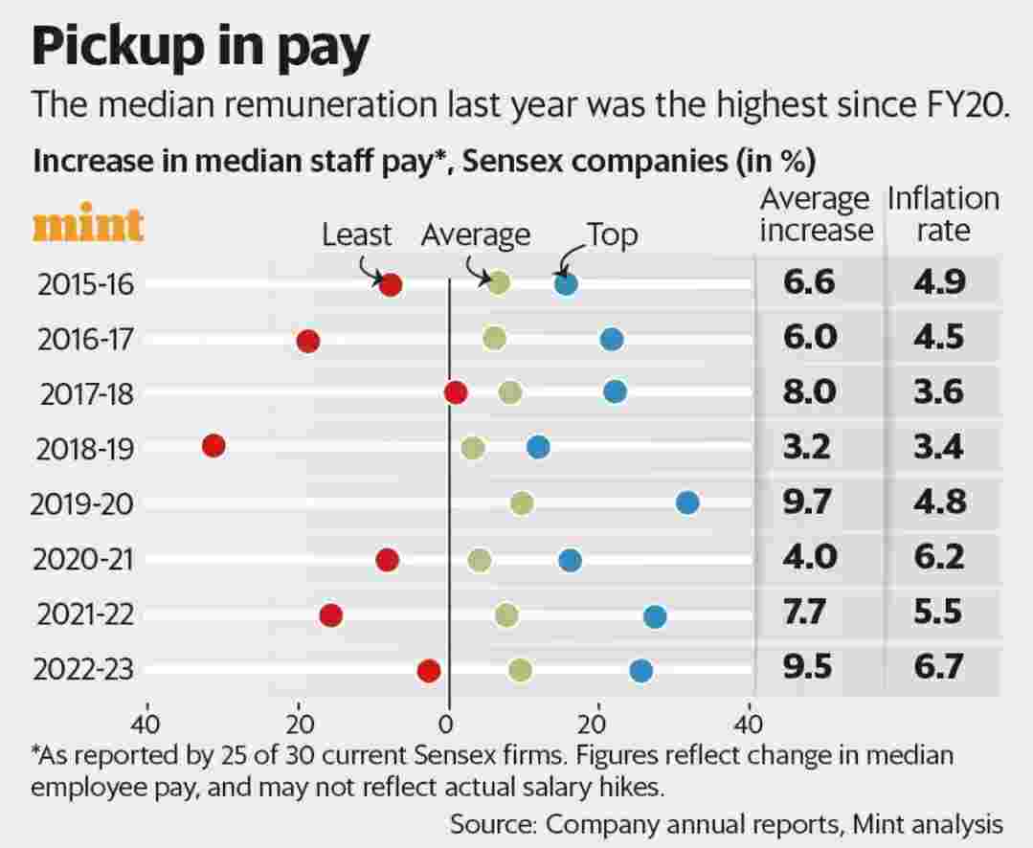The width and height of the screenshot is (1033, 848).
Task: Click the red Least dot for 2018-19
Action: (213, 445)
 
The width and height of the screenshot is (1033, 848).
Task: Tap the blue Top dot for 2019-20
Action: (687, 502)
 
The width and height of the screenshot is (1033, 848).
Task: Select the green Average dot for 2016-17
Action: (494, 338)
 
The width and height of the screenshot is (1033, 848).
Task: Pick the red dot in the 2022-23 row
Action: (429, 671)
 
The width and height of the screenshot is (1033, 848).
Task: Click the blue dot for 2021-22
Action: (655, 616)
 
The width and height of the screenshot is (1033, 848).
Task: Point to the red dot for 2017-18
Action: (456, 392)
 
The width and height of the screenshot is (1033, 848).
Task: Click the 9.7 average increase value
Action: (809, 502)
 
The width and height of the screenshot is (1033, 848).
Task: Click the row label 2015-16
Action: (85, 284)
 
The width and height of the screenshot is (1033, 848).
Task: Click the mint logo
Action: (88, 226)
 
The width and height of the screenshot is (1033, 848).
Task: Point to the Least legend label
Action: (357, 234)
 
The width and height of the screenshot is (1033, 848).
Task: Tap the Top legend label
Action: (612, 234)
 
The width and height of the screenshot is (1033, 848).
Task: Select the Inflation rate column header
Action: (943, 214)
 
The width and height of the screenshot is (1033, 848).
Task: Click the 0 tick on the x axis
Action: (447, 721)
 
